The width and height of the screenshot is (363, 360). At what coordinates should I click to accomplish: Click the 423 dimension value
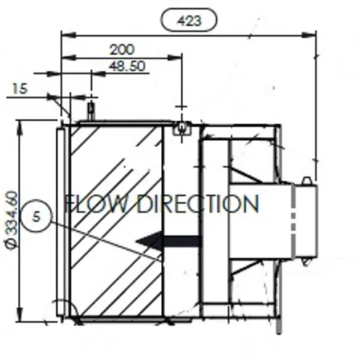[x=189, y=20]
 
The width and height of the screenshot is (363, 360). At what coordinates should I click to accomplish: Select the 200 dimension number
[x=122, y=49]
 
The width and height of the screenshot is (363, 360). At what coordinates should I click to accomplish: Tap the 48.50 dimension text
[x=127, y=66]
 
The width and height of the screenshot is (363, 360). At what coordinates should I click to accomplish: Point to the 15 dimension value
[x=20, y=89]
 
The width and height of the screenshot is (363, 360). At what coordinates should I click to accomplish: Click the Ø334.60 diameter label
[x=11, y=220]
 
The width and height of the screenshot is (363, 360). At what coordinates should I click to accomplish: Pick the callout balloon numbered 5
[x=36, y=216]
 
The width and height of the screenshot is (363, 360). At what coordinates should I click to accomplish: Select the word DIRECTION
[x=198, y=204]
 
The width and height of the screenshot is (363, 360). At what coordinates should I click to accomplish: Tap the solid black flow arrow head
[x=149, y=241]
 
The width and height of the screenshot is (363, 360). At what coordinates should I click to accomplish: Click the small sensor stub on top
[x=91, y=111]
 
